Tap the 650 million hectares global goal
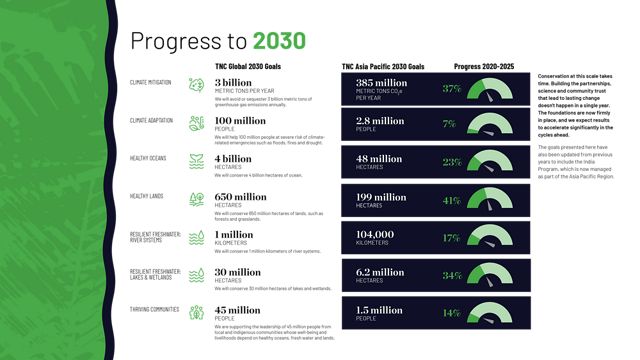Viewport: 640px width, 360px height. tap(240, 197)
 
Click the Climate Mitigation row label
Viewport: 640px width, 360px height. tap(150, 82)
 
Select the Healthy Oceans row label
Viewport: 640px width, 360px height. tap(147, 157)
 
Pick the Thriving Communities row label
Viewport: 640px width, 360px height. tap(153, 310)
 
